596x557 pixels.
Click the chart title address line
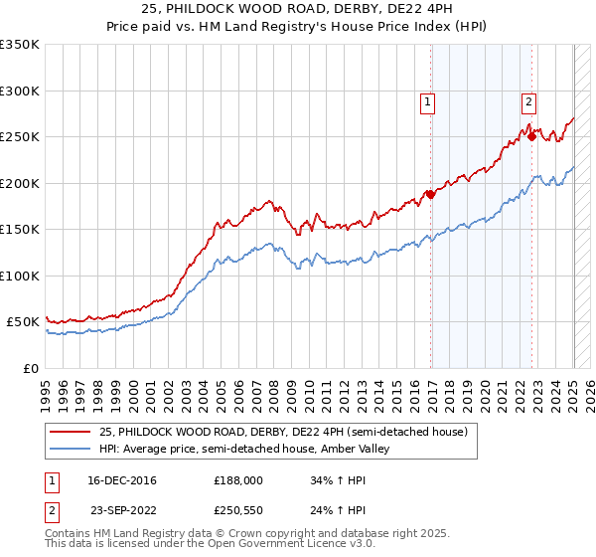tap(298, 9)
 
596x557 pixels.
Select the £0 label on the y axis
tap(30, 368)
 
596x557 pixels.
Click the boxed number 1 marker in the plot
tap(427, 100)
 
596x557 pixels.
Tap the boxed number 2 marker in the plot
tap(528, 100)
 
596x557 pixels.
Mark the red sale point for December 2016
tap(431, 194)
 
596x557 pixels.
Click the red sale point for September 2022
tap(532, 136)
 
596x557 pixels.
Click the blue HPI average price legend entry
tap(244, 450)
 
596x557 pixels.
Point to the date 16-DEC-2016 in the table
tap(122, 480)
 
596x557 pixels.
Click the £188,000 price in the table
tap(238, 480)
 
